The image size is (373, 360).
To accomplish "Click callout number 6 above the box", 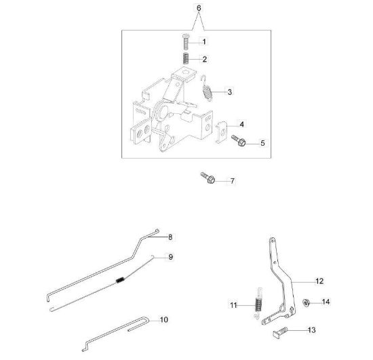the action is [199, 8].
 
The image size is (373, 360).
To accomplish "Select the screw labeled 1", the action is [186, 42].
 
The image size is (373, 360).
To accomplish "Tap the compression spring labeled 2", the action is [186, 58].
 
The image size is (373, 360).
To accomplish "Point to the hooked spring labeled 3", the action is [206, 87].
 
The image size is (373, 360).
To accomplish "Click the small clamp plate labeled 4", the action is [221, 132].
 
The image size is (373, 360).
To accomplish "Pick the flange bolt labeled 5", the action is [239, 140].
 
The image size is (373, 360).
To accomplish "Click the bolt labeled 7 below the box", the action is [208, 178].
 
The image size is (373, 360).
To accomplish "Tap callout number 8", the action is [170, 237].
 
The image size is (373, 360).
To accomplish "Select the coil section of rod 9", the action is [120, 280].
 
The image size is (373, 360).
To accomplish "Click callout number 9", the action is [171, 257].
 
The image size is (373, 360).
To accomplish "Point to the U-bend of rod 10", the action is [146, 320].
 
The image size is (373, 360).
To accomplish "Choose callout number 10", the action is [164, 319].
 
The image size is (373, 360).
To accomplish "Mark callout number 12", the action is [319, 281].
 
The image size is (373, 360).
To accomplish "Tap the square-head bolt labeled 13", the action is [280, 332].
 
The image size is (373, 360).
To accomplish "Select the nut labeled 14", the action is [306, 302].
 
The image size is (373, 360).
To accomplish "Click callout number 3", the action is [229, 92].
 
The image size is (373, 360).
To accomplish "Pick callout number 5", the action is [262, 143].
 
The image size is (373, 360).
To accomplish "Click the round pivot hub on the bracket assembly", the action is [161, 113].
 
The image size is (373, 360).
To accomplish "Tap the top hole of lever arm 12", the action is [273, 240].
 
